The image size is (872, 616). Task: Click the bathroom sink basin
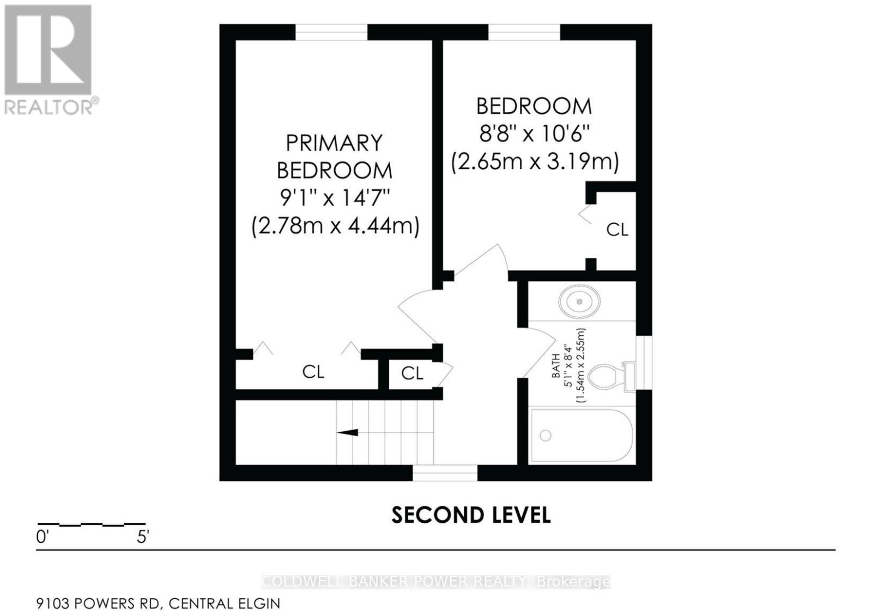(579, 301)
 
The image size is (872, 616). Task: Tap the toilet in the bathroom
(611, 377)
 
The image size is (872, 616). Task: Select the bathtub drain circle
(546, 436)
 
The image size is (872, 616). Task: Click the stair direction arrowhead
(347, 432)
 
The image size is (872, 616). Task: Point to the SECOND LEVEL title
(471, 515)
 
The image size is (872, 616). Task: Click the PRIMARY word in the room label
(335, 143)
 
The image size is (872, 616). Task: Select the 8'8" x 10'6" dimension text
(534, 134)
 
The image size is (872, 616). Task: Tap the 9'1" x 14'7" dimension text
(335, 198)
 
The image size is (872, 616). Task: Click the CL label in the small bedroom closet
(617, 230)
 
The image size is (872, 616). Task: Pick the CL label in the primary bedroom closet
(313, 372)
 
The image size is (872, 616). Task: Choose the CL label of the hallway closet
(412, 374)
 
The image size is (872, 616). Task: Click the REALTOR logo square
(48, 50)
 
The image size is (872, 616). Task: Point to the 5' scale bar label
(143, 538)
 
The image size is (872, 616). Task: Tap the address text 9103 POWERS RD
(98, 603)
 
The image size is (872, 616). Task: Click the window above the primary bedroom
(331, 32)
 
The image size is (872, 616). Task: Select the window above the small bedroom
(524, 32)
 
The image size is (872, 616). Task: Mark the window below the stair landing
(445, 473)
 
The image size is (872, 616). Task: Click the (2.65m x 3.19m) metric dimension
(535, 162)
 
